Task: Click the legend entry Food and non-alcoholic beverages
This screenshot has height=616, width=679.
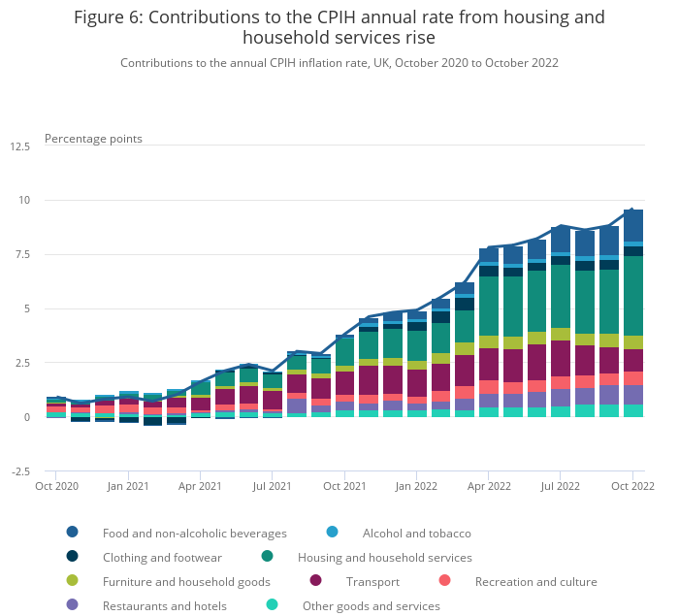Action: coord(195,533)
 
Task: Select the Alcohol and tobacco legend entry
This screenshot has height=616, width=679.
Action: coord(416,533)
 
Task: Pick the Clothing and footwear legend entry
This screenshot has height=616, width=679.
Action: coord(162,558)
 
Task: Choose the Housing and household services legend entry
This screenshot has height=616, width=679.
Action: coord(384,558)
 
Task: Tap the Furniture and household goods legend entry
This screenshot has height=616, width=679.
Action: coord(186,582)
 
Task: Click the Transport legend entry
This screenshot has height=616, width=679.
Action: coord(372,582)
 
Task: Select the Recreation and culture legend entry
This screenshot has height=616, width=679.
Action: coord(535,582)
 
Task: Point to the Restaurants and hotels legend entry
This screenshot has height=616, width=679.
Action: coord(165,606)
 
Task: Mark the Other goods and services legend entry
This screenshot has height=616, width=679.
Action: coord(371,606)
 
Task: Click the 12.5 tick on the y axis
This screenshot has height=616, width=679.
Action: coord(19,146)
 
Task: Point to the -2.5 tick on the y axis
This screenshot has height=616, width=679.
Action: coord(19,472)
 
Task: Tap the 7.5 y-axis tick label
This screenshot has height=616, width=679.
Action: coord(21,255)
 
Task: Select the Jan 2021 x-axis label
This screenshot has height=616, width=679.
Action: coord(128,484)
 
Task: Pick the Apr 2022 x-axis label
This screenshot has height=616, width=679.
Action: coord(489,484)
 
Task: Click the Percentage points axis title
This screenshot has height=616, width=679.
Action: coord(93,139)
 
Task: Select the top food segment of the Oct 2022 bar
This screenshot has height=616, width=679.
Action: coord(633,225)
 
